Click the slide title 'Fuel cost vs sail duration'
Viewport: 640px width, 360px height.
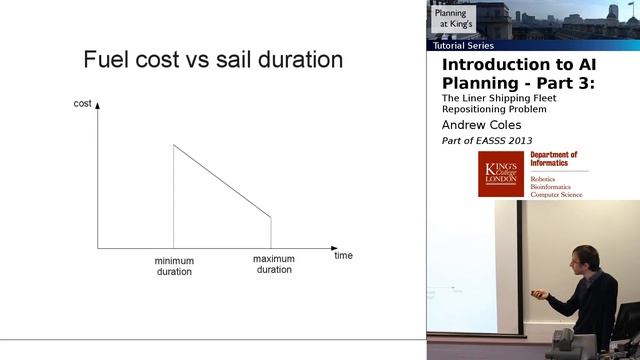[x=213, y=60]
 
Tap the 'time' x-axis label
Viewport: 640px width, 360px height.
[x=343, y=255]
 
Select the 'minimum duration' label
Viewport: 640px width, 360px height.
[x=174, y=266]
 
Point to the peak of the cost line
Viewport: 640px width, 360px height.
[x=174, y=145]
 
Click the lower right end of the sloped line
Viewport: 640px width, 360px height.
[x=271, y=216]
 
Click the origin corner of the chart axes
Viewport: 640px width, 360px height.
[x=98, y=247]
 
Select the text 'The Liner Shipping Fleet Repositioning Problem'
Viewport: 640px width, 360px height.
[x=497, y=105]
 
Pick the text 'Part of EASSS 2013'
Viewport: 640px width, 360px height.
[x=486, y=141]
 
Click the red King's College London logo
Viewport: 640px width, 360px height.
[x=501, y=173]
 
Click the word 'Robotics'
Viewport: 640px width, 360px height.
[x=547, y=178]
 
